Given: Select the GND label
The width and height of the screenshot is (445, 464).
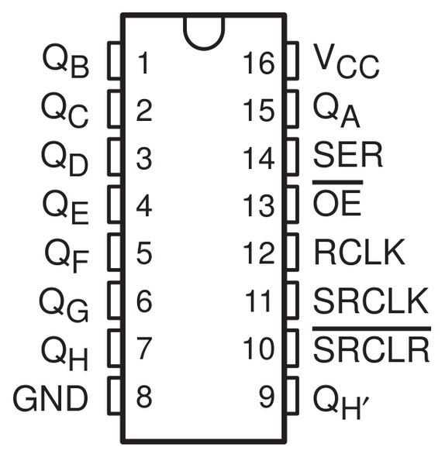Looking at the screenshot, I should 50,399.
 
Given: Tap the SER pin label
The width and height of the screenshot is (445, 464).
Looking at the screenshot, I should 348,157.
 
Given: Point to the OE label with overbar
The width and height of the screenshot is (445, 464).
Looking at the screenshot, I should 337,204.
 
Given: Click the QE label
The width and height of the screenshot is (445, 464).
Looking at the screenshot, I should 66,206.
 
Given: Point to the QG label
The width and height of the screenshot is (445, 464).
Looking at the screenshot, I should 66,303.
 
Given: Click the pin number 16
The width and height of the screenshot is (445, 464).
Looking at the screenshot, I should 259,63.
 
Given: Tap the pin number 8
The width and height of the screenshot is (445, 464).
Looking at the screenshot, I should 143,399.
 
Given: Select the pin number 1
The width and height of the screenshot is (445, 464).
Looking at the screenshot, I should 143,63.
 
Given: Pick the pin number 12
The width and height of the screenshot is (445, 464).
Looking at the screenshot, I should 259,253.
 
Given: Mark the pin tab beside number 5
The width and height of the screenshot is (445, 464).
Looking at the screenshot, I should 114,252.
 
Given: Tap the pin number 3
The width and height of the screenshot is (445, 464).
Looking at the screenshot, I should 143,159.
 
